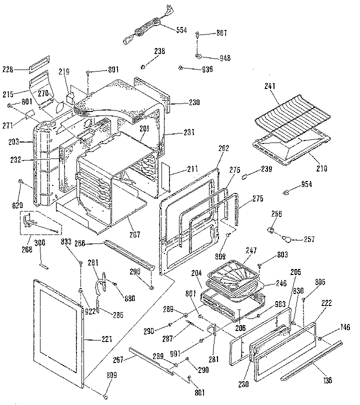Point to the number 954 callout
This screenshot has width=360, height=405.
[x=306, y=184]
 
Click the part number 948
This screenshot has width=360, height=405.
[x=224, y=58]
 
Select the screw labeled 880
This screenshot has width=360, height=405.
[x=115, y=284]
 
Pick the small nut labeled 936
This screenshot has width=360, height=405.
[x=180, y=67]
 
